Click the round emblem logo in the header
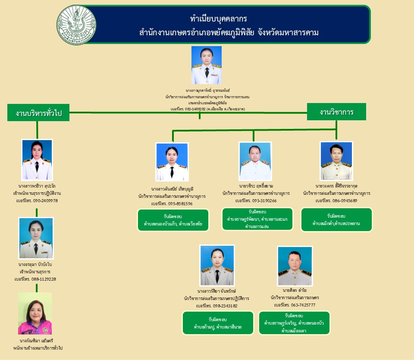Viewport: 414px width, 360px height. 76,25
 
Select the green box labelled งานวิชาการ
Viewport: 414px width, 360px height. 336,112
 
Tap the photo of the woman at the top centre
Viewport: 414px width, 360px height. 207,65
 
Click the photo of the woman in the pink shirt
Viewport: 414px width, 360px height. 35,313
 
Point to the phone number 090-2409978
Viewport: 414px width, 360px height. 43,201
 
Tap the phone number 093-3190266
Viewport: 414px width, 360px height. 262,200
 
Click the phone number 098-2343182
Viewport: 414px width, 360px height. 223,306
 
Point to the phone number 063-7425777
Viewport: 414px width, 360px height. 300,305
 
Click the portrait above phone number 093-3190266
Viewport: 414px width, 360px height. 255,161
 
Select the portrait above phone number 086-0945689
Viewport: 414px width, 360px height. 336,161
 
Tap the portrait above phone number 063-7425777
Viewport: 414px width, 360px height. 295,266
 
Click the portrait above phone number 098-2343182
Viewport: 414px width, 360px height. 217,265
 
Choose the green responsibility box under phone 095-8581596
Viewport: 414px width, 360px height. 173,220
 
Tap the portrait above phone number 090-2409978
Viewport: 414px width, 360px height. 37,160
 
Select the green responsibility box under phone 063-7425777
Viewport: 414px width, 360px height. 294,323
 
